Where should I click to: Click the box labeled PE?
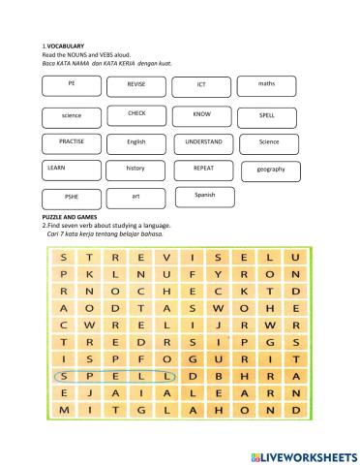(72, 87)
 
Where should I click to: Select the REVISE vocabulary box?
(136, 87)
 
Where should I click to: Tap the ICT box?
(201, 87)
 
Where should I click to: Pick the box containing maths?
(267, 87)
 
